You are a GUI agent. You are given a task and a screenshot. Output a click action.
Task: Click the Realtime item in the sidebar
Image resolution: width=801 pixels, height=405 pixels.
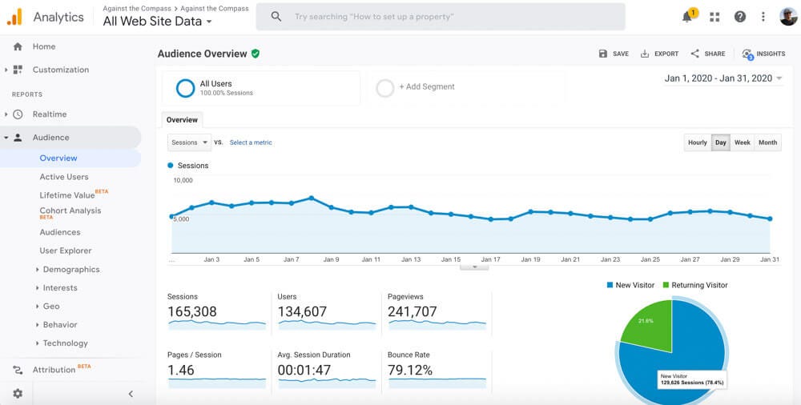(50, 114)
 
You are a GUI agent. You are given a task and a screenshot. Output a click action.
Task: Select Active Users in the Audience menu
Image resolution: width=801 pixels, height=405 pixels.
(64, 177)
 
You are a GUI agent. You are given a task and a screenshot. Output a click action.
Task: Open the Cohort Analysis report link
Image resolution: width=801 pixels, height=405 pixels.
(70, 211)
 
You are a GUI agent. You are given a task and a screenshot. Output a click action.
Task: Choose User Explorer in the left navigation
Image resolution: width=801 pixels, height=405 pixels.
(66, 251)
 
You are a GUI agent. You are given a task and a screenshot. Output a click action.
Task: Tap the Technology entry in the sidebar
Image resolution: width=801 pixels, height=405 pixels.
(66, 343)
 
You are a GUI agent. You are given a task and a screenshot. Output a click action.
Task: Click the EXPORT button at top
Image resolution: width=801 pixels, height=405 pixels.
(659, 54)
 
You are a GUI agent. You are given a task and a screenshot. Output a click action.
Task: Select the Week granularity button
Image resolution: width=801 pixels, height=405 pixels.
(743, 142)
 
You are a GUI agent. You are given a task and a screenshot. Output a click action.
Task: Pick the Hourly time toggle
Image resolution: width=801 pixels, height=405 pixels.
(698, 142)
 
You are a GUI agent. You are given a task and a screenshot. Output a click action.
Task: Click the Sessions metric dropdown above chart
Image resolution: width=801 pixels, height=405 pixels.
(189, 142)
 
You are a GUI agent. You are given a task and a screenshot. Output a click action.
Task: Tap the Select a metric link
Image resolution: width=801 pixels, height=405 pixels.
(251, 142)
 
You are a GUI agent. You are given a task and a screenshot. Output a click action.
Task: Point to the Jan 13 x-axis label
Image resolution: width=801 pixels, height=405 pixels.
(411, 259)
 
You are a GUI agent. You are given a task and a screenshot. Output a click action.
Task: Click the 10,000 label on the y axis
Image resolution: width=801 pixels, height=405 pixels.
(183, 181)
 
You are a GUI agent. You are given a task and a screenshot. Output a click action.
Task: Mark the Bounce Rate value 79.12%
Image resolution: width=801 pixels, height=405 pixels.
(410, 371)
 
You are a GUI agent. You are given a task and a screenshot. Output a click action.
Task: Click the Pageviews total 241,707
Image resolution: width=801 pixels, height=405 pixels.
(412, 312)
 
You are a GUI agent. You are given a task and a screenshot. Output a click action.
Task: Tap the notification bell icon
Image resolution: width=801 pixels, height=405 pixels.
(687, 17)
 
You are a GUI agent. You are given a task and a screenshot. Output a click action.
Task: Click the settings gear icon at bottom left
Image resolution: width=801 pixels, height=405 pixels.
(18, 394)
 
